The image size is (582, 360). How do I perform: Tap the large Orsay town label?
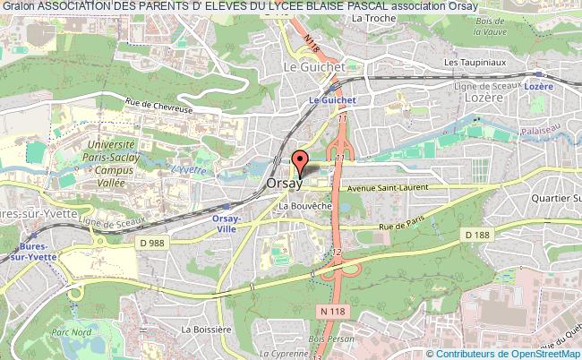click(286, 183)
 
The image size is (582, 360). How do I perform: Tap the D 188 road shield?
click(478, 234)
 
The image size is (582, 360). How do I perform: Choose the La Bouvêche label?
click(306, 207)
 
